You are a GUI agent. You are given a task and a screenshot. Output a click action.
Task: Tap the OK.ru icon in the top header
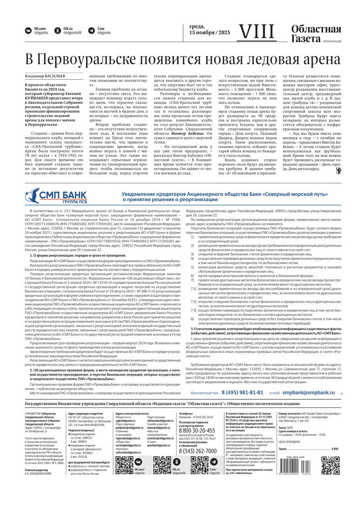(x=58, y=31)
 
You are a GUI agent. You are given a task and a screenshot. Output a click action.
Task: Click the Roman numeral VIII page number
(x=255, y=31)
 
